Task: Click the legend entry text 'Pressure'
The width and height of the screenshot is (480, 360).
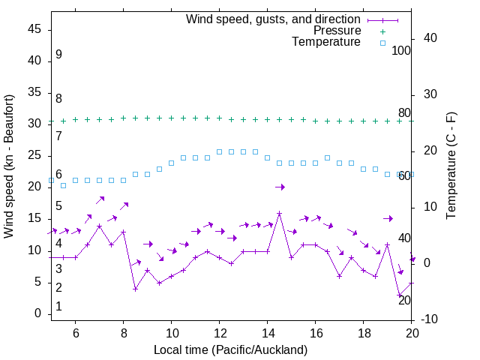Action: [x=337, y=31]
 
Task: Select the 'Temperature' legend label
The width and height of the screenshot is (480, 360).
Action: [x=326, y=42]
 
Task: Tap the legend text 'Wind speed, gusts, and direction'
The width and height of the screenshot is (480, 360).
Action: [x=274, y=19]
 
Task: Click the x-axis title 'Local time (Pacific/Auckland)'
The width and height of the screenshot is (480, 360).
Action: [x=230, y=349]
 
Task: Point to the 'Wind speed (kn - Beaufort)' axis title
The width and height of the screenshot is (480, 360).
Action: [x=9, y=166]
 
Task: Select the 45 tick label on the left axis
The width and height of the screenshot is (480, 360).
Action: [x=34, y=28]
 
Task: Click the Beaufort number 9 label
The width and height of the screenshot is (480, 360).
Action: [x=58, y=55]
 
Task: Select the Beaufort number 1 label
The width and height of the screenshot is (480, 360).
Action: [x=58, y=307]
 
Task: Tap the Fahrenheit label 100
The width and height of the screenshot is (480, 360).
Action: [x=401, y=51]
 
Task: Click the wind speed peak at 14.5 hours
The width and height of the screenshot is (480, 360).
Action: [x=279, y=213]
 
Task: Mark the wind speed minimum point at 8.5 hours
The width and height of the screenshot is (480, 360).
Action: [x=135, y=289]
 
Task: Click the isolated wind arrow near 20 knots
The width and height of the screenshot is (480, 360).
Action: [x=280, y=187]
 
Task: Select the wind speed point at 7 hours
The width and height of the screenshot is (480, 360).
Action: [x=99, y=226]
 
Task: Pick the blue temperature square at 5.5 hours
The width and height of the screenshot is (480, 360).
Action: [x=63, y=185]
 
